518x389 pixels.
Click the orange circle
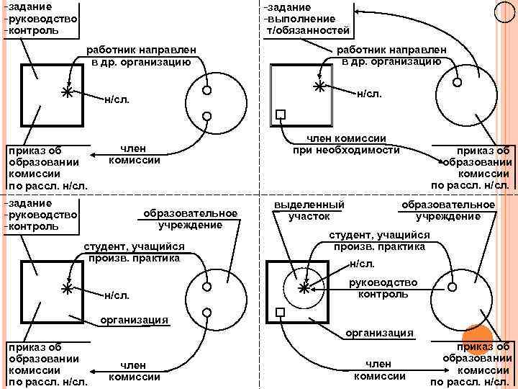pyautogui.click(x=477, y=336)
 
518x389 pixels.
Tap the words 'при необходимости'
pyautogui.click(x=346, y=151)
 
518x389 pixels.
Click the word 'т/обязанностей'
pyautogui.click(x=307, y=31)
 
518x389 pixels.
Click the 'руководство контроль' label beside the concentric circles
pyautogui.click(x=383, y=288)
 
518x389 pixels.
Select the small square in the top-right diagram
pyautogui.click(x=281, y=114)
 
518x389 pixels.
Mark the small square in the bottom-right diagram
pyautogui.click(x=281, y=313)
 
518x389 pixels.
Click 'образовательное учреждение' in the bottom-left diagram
pyautogui.click(x=191, y=219)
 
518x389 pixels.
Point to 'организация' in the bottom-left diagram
pyautogui.click(x=134, y=319)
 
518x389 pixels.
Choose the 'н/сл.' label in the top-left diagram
pyautogui.click(x=117, y=99)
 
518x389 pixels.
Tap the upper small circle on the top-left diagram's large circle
pyautogui.click(x=206, y=91)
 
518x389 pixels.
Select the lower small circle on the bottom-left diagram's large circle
pyautogui.click(x=206, y=312)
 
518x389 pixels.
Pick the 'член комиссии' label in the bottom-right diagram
pyautogui.click(x=379, y=370)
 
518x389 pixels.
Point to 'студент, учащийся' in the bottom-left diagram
pyautogui.click(x=135, y=247)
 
